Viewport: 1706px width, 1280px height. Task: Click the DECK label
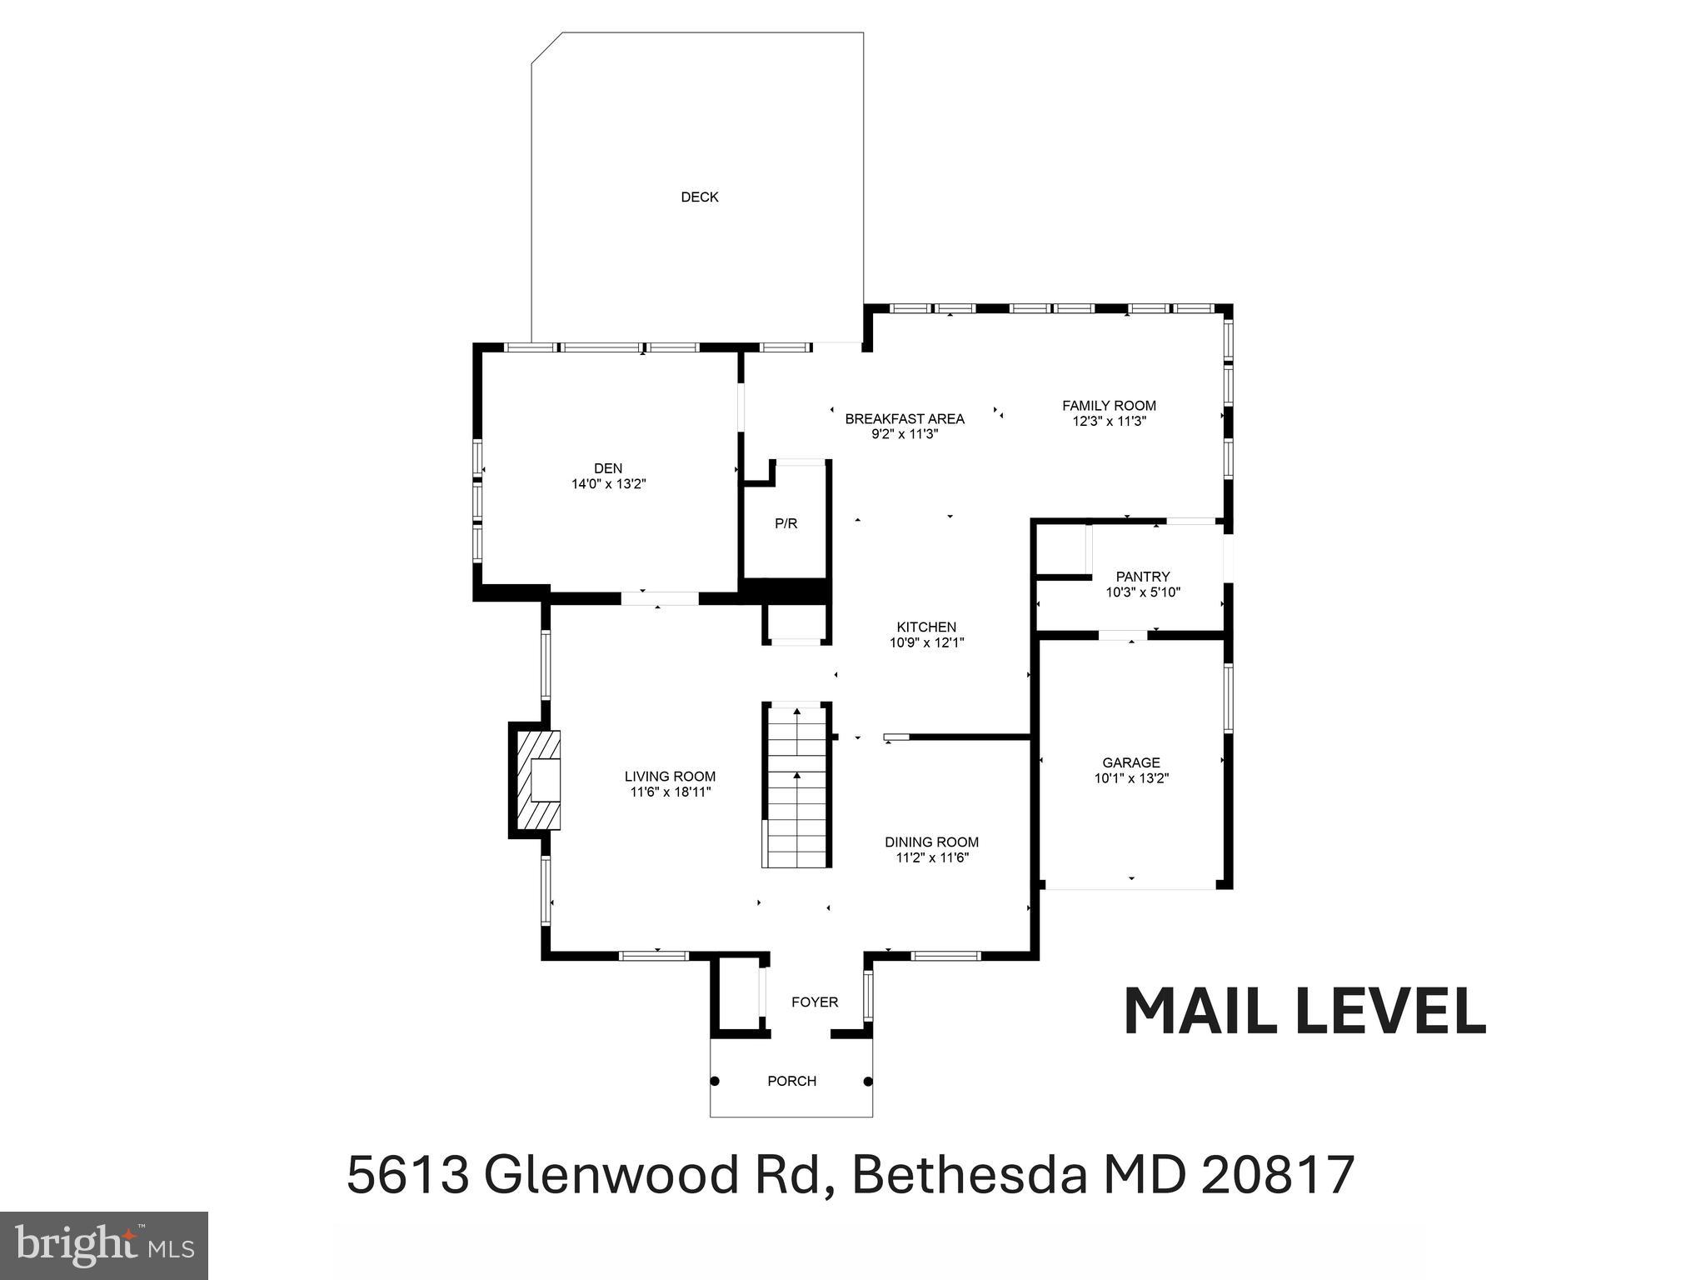pos(699,197)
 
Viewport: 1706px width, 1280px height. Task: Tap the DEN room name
pos(608,468)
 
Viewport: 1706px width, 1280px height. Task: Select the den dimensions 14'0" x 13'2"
pos(608,483)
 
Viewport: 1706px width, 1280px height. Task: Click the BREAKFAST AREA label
pos(905,418)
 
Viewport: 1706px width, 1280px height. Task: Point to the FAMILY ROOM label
pos(1109,406)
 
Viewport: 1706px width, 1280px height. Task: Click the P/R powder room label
pos(786,524)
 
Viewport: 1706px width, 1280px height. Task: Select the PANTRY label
pos(1143,577)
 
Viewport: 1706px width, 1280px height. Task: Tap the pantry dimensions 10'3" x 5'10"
pos(1143,592)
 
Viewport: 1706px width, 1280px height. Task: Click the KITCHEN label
pos(926,627)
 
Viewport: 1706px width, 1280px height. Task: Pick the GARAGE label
pos(1130,762)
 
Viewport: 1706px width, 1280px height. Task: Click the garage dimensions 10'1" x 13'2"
pos(1131,778)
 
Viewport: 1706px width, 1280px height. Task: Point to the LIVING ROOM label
pos(670,777)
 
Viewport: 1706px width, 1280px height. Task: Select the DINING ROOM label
pos(931,842)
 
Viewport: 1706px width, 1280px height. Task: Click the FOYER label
pos(815,1002)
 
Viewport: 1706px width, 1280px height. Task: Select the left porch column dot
pos(715,1082)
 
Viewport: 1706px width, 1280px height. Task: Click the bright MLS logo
pos(104,1245)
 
